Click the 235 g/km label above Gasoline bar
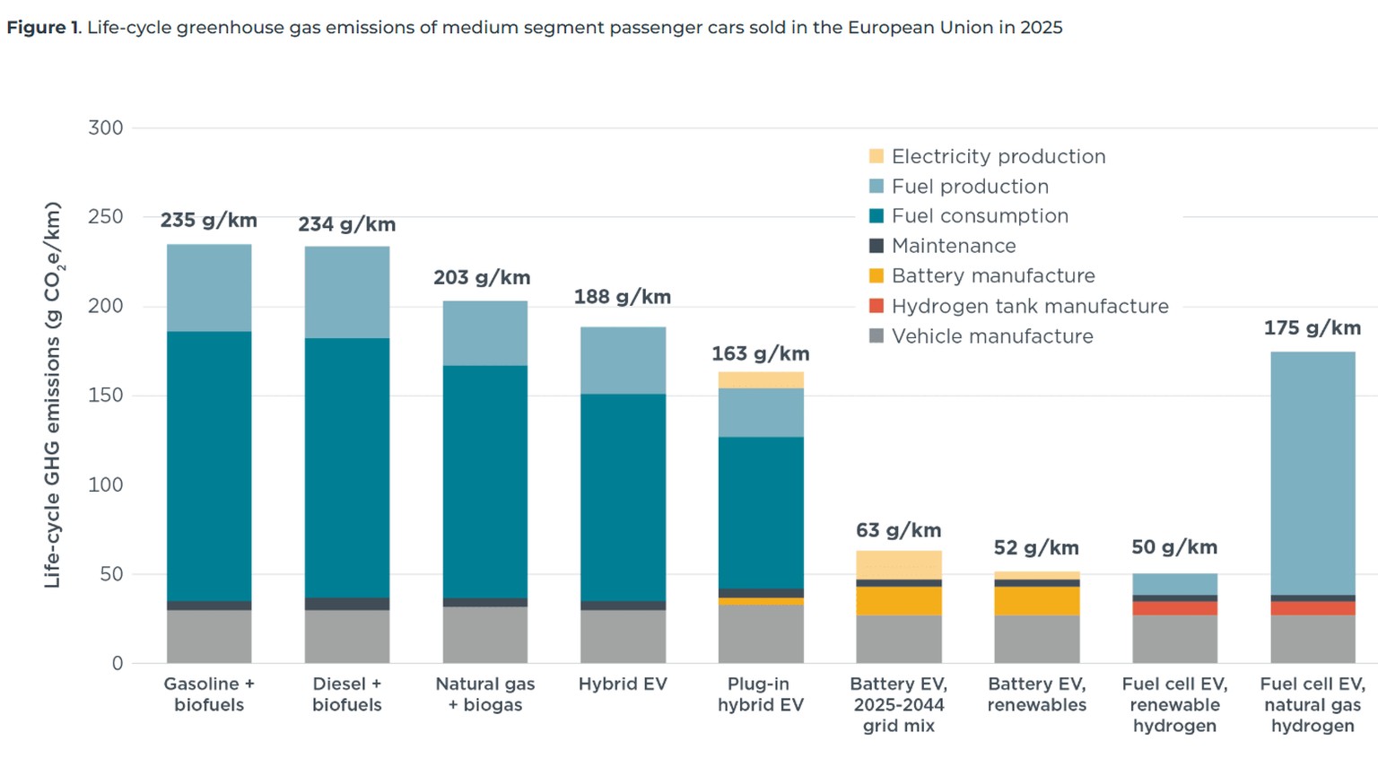(208, 221)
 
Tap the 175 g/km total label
(1312, 328)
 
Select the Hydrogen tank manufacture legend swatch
(877, 306)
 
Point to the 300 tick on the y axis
(106, 128)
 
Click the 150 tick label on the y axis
(106, 396)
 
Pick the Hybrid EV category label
(623, 684)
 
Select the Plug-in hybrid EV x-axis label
(760, 694)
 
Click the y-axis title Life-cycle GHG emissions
(53, 395)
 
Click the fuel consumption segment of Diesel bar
(347, 466)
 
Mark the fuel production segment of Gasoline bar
(209, 287)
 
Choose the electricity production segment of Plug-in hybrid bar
(761, 380)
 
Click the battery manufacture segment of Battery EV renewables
(1036, 600)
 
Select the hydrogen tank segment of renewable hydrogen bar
(1174, 608)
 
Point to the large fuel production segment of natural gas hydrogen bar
(1313, 473)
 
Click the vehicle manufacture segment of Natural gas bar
(485, 635)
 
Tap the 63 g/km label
(898, 531)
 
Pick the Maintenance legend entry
(953, 247)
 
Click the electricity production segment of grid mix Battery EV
(898, 565)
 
